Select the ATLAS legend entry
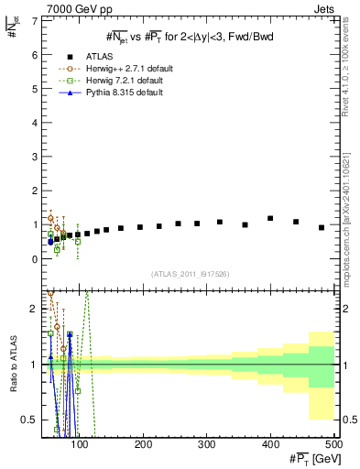pos(93,56)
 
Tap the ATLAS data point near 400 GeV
pos(270,218)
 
